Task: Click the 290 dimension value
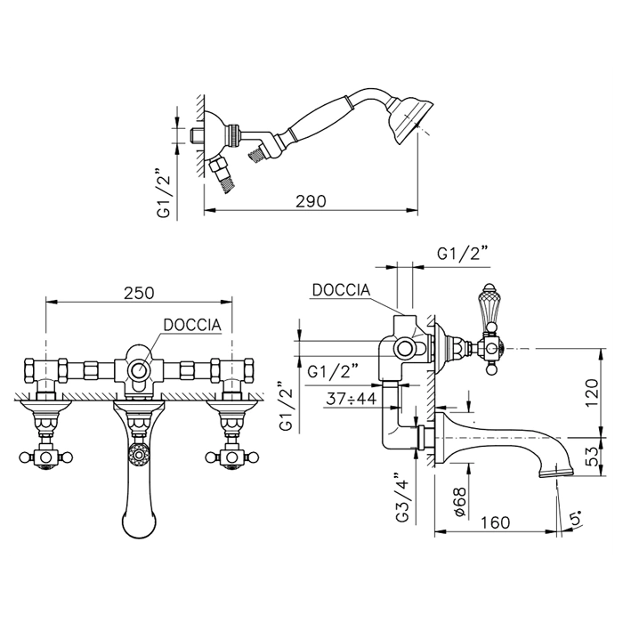pos(311,201)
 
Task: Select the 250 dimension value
pos(139,293)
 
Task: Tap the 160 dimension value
pos(495,522)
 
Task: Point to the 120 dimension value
pos(592,392)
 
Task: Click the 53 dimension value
pos(592,457)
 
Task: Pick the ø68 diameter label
pos(460,502)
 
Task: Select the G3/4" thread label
pos(402,498)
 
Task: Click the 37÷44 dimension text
pos(351,399)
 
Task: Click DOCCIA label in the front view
pos(192,325)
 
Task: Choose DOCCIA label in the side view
pos(341,289)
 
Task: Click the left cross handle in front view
pos(46,457)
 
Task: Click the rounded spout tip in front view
pos(139,524)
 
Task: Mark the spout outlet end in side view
pos(556,473)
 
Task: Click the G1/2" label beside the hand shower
pos(164,193)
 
